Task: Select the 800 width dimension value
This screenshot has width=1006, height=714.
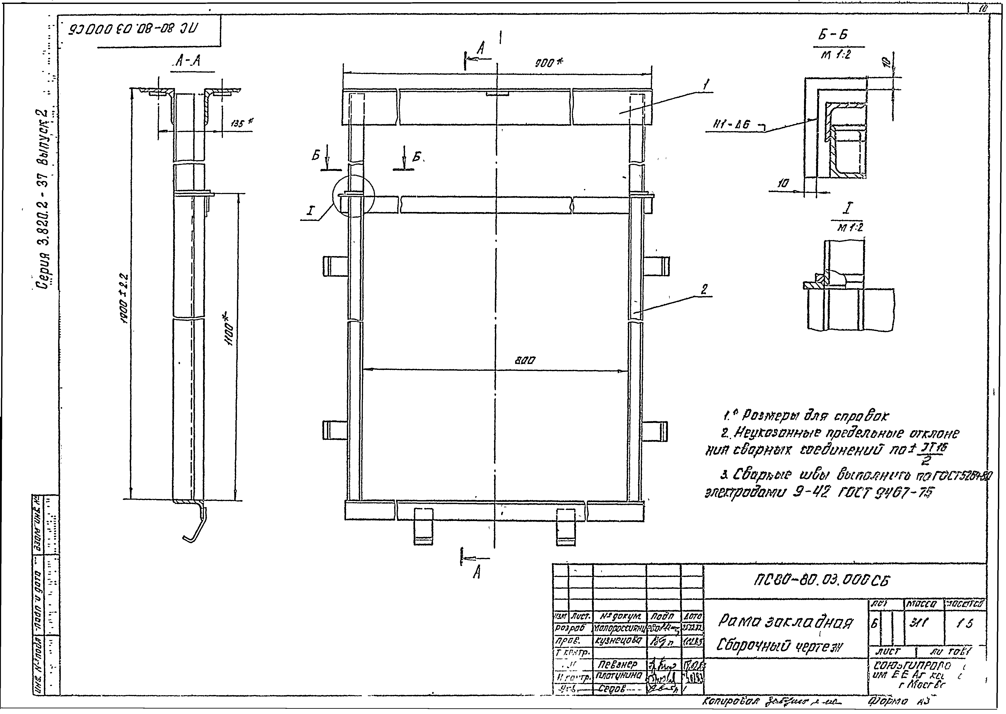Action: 525,360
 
